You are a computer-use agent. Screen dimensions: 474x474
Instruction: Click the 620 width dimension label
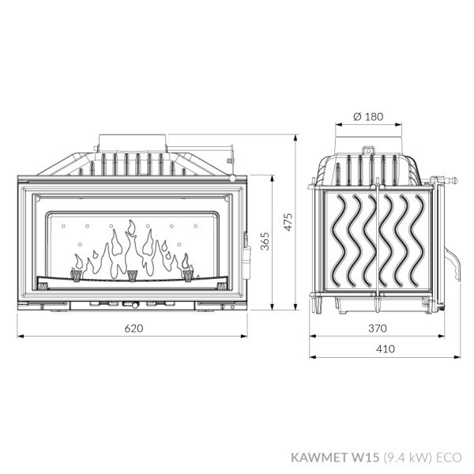(133, 329)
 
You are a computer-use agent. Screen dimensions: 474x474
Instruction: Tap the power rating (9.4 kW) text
(405, 456)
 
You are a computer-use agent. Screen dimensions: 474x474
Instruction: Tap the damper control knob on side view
(448, 180)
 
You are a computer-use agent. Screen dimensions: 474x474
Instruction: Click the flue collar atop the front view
(133, 143)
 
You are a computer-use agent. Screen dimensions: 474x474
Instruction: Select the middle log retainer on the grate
(132, 275)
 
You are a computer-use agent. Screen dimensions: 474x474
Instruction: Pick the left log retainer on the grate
(77, 275)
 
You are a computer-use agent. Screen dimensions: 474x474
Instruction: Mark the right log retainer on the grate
(188, 275)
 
